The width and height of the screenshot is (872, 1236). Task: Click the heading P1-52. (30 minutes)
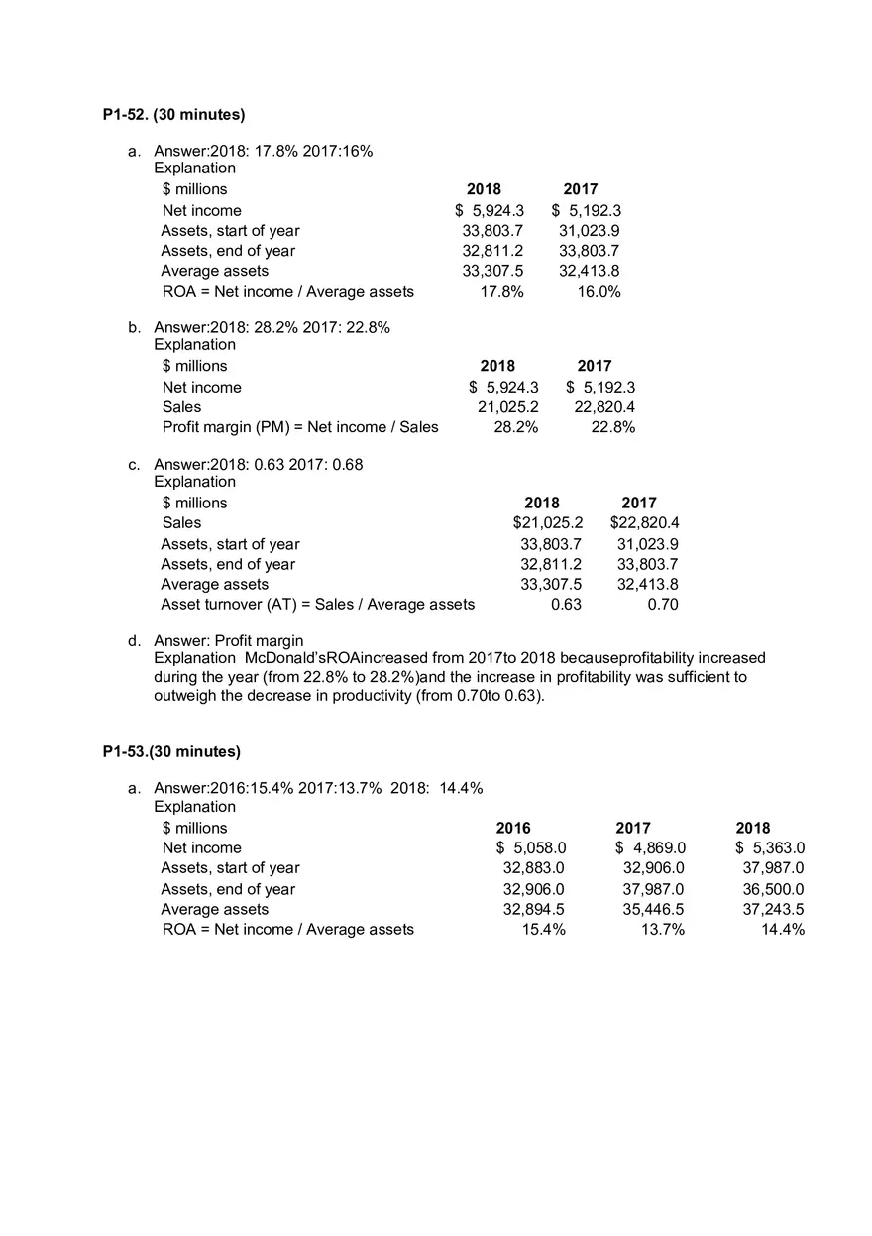pos(173,115)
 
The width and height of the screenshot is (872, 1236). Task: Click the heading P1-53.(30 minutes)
pos(171,751)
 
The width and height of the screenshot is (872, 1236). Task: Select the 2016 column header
pos(513,828)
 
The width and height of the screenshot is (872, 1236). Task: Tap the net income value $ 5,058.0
pos(531,847)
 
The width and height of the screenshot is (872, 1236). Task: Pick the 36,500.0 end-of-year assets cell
pos(773,889)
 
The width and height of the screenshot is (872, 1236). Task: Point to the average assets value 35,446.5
pos(653,909)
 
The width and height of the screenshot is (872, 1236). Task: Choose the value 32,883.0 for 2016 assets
pos(534,867)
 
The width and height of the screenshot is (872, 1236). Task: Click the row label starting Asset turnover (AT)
pos(317,604)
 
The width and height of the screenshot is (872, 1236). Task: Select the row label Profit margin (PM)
pos(300,427)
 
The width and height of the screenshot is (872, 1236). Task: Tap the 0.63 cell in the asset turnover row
pos(566,604)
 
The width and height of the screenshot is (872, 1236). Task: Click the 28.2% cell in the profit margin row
pos(516,427)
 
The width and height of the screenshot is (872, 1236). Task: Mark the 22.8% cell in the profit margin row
pos(613,427)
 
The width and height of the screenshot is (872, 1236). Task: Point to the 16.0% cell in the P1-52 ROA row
pos(599,291)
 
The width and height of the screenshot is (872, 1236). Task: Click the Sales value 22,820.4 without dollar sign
pos(604,406)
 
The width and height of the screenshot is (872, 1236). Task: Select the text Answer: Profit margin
pos(228,640)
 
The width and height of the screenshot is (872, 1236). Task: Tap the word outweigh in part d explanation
pos(185,696)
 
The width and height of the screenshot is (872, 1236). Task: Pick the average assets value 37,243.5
pos(773,909)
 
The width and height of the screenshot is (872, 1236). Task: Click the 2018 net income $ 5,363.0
pos(770,847)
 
